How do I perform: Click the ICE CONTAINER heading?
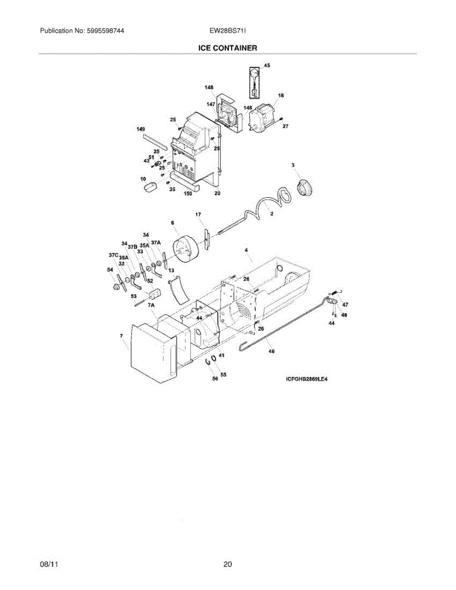[x=227, y=48]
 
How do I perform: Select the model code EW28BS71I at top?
[x=228, y=31]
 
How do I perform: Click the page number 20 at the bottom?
[x=227, y=564]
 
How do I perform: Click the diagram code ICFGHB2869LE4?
[x=306, y=379]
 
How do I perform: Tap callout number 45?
[x=267, y=65]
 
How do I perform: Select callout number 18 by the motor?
[x=281, y=95]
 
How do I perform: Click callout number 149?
[x=141, y=129]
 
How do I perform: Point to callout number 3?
[x=293, y=166]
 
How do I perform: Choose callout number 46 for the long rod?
[x=272, y=352]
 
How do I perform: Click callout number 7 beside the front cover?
[x=121, y=335]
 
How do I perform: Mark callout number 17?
[x=198, y=215]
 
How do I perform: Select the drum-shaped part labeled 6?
[x=186, y=249]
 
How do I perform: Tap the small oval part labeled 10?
[x=149, y=186]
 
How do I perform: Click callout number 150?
[x=187, y=194]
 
